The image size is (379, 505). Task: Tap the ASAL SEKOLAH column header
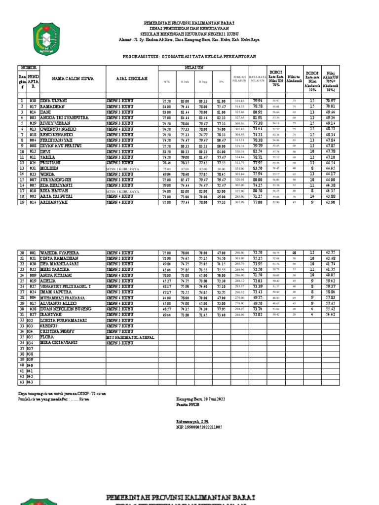[131, 78]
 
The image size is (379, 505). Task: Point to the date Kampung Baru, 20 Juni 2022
[201, 398]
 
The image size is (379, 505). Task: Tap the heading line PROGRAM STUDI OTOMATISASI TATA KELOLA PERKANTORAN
[189, 57]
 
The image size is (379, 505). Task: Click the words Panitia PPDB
[187, 404]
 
